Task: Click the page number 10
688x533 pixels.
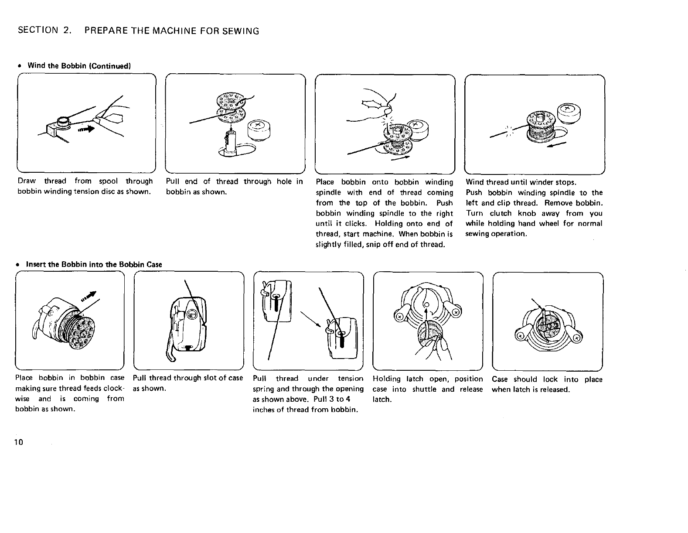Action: click(18, 442)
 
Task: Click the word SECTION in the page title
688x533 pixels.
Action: click(38, 31)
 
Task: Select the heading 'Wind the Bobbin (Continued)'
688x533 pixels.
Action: click(79, 66)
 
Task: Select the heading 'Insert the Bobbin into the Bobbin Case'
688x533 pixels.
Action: click(94, 264)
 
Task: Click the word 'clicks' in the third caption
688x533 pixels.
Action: click(354, 224)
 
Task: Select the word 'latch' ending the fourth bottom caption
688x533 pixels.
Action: click(382, 400)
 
